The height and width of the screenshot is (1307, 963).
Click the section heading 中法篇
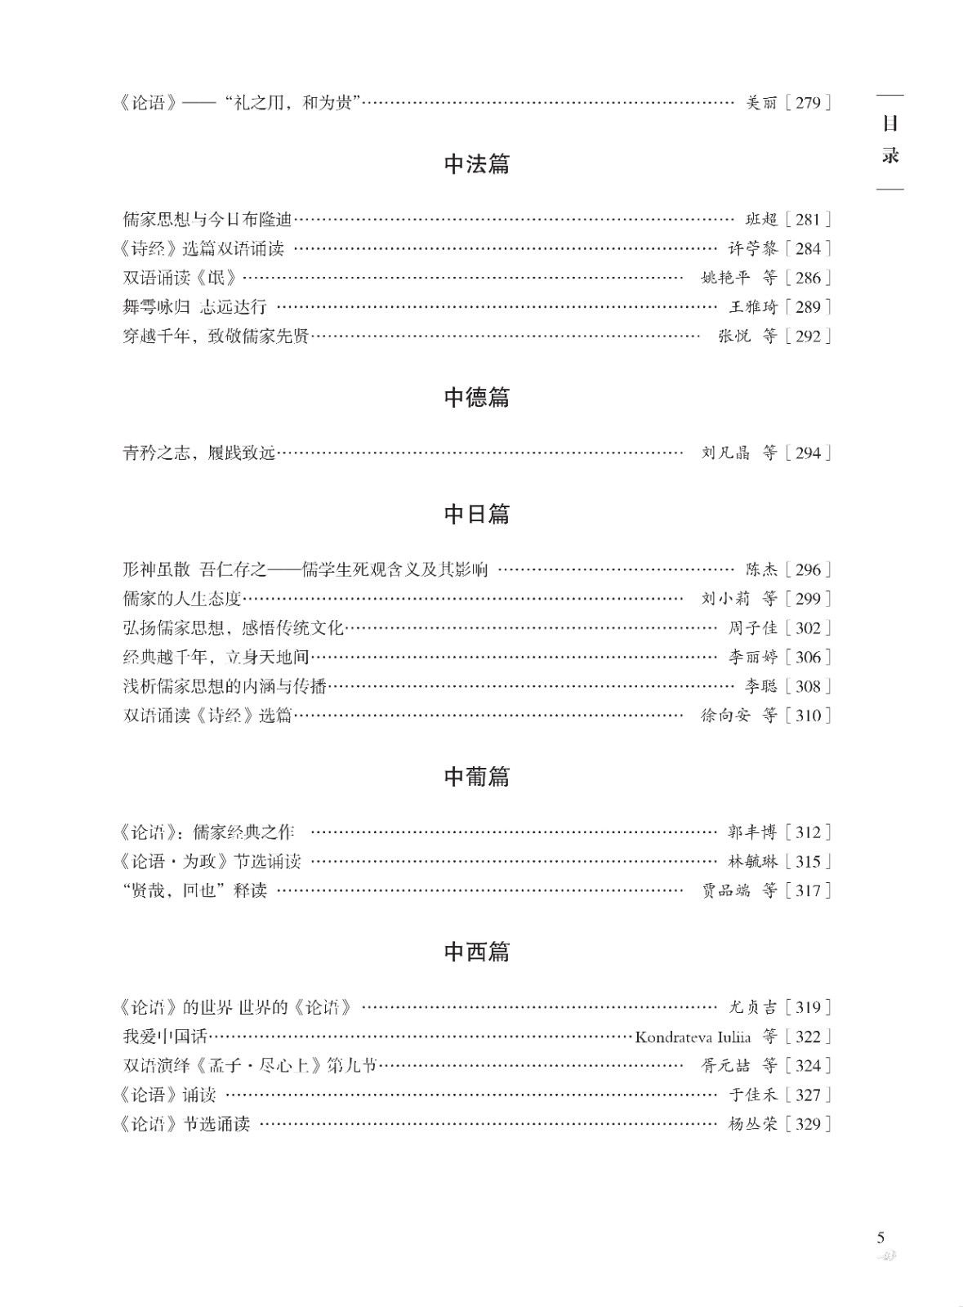tap(476, 164)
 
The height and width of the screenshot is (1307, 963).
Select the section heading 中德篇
tap(476, 398)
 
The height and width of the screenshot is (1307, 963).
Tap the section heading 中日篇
tap(476, 515)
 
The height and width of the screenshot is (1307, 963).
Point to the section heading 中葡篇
tap(476, 777)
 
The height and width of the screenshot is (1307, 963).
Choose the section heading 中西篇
tap(476, 952)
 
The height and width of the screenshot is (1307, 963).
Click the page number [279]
tap(807, 103)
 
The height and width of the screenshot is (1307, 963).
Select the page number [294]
tap(807, 453)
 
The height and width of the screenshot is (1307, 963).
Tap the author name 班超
tap(761, 220)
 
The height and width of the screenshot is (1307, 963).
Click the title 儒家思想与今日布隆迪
tap(207, 220)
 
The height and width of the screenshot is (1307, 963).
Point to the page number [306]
tap(807, 658)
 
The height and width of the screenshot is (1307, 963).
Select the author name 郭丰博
tap(752, 833)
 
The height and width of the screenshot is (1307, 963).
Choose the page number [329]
tap(807, 1125)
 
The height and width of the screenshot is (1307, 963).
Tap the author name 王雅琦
tap(752, 307)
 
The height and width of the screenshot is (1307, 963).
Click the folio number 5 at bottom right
tap(881, 1238)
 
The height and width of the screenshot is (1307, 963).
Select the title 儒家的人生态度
tap(182, 599)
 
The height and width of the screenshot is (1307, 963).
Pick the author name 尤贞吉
tap(752, 1008)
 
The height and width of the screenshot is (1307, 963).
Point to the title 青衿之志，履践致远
tap(199, 453)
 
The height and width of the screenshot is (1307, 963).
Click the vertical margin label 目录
tap(890, 140)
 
